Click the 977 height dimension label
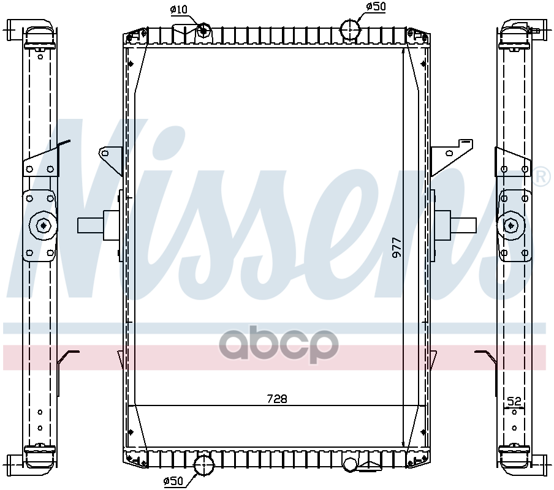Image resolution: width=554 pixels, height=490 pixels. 397,247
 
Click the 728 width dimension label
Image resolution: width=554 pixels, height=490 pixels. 277,399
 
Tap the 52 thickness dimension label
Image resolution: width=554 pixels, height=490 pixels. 514,401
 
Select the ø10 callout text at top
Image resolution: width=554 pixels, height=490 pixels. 178,10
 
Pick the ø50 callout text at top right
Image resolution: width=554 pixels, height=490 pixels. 376,6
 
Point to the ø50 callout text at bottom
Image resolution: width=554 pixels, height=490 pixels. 173,481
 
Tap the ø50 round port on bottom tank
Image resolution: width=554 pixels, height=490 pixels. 204,466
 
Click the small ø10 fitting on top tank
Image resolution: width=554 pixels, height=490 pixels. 203,31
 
